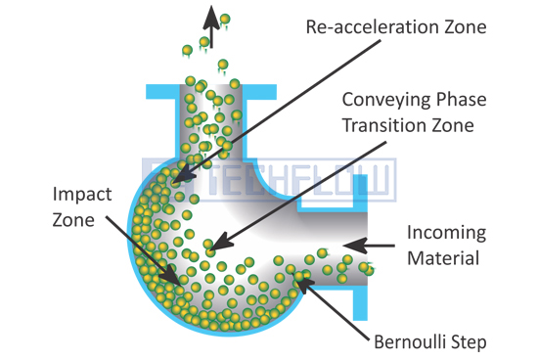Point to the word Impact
[82, 196]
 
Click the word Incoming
[446, 234]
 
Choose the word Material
[443, 258]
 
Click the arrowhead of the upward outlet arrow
[211, 17]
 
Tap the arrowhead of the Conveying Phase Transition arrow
[221, 242]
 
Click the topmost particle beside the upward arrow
[225, 19]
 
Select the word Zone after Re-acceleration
[466, 26]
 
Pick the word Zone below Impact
[73, 220]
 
